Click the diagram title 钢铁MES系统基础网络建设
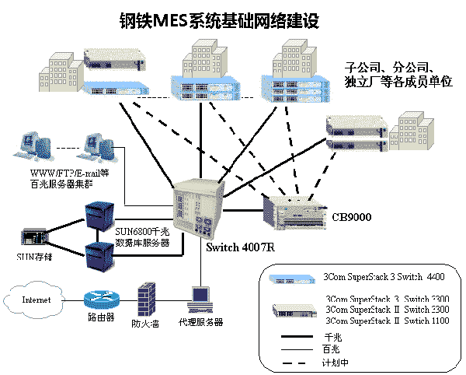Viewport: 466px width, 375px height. point(218,20)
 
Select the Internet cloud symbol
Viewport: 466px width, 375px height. point(34,300)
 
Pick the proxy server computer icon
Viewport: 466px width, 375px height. point(201,300)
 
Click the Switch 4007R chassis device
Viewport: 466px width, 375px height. point(199,210)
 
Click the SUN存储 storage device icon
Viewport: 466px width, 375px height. point(31,235)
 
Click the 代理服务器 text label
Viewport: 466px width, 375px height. point(200,322)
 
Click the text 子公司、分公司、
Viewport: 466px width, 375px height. point(395,65)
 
